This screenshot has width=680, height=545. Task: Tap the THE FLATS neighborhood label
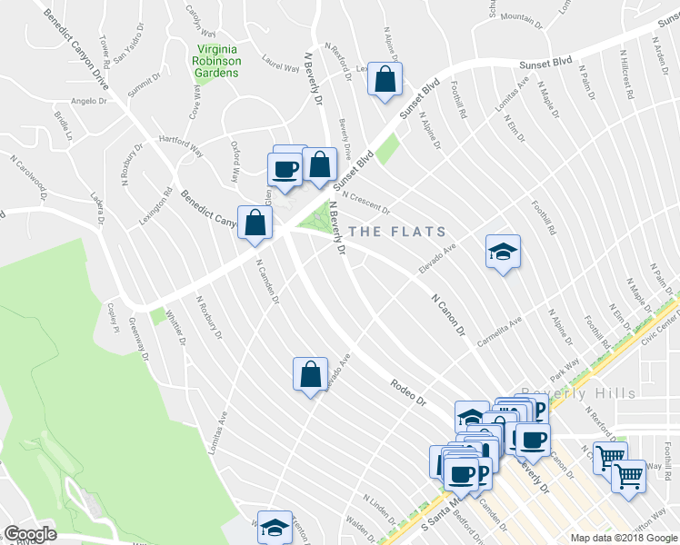tap(397, 232)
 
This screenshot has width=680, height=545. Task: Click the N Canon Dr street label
tap(447, 313)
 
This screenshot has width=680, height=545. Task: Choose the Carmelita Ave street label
tap(500, 332)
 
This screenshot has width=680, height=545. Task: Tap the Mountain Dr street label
tap(522, 17)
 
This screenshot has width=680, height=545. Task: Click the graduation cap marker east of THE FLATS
tap(502, 252)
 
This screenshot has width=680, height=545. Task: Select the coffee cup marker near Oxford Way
tap(285, 169)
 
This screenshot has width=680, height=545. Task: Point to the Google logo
tap(31, 534)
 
